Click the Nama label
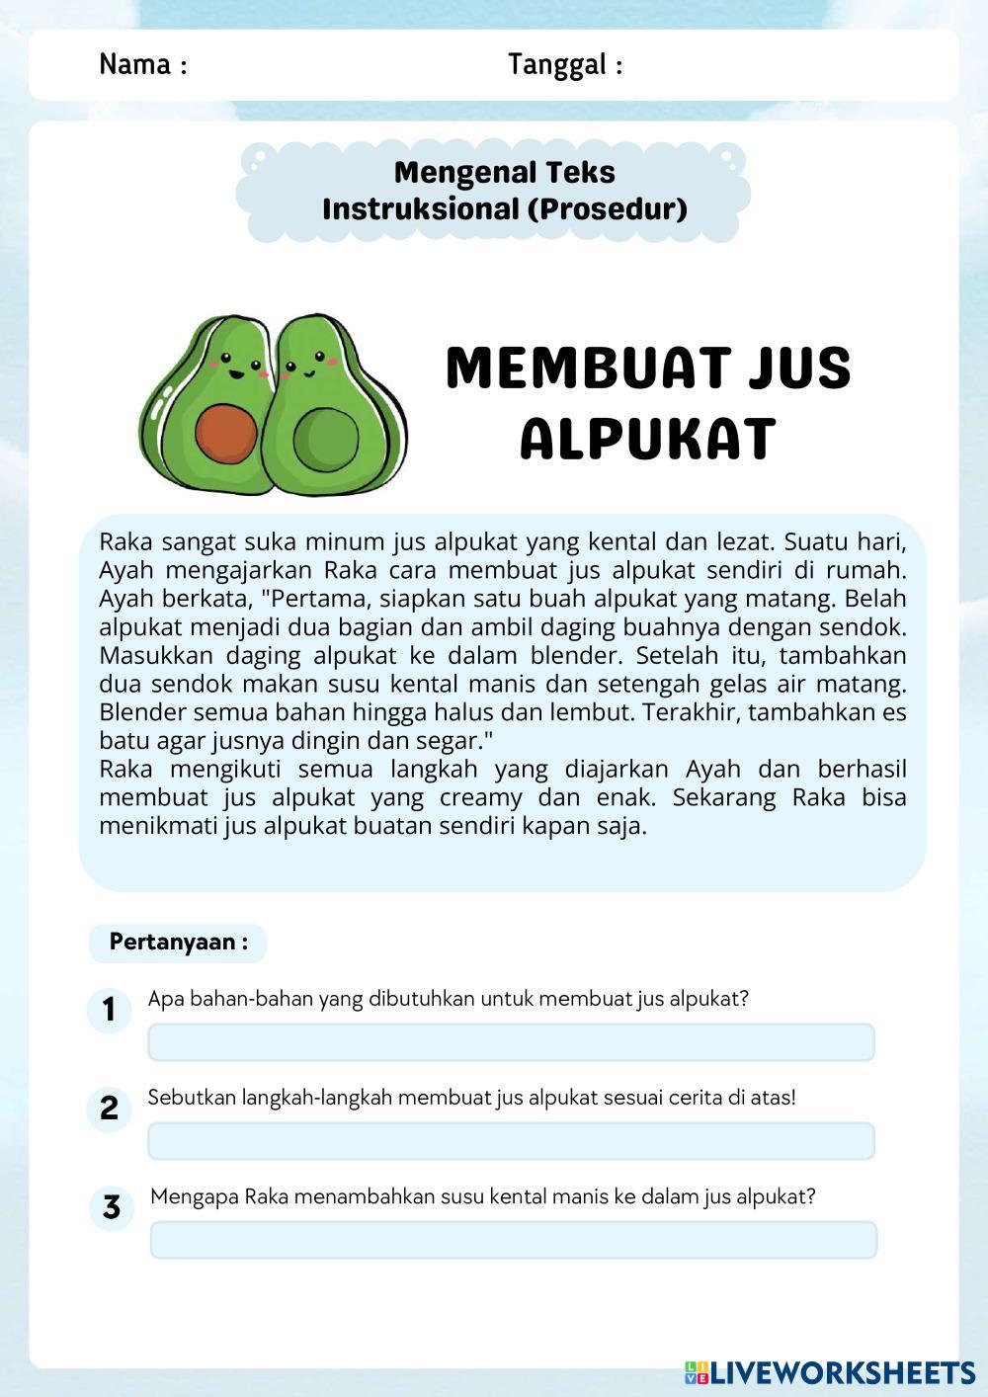[x=142, y=64]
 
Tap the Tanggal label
[x=564, y=64]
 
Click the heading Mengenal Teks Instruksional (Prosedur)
[x=505, y=191]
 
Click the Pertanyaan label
[x=178, y=942]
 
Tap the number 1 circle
[x=109, y=1010]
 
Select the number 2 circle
[x=109, y=1108]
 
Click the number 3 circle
[x=111, y=1207]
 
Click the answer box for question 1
[x=511, y=1042]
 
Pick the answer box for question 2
[x=511, y=1141]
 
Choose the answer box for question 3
[x=513, y=1240]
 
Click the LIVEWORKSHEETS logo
[x=829, y=1371]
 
